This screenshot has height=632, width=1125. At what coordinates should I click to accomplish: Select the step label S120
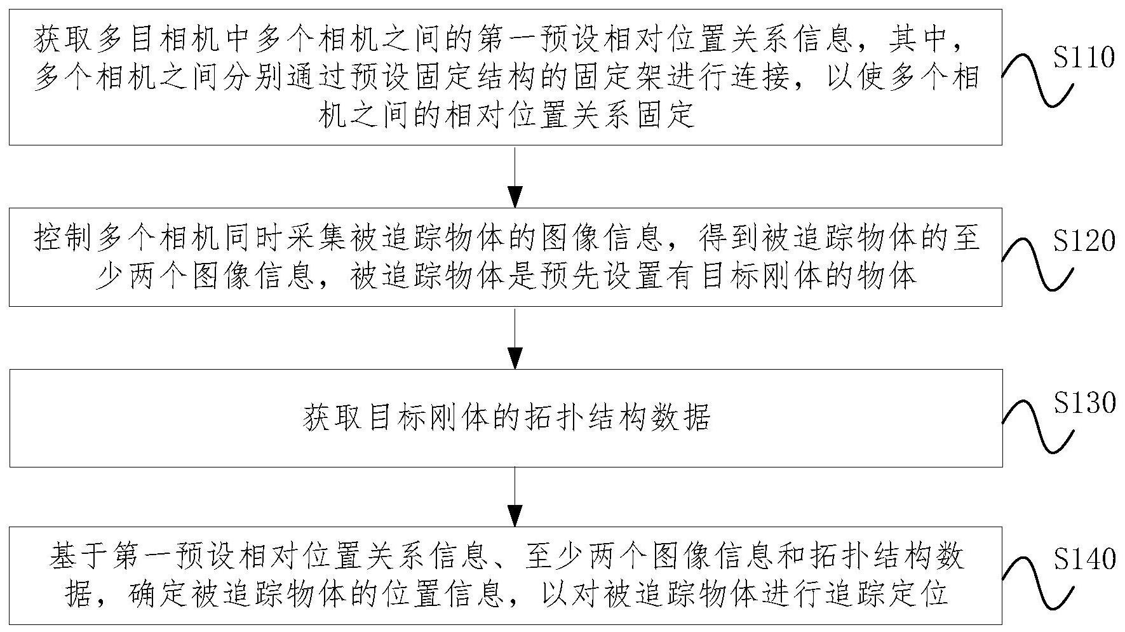[x=1084, y=241]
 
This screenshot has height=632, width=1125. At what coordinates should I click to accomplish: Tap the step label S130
[x=1084, y=403]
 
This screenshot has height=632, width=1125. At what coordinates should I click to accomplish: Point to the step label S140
[x=1084, y=559]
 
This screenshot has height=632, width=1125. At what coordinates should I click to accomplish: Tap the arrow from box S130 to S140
[x=514, y=496]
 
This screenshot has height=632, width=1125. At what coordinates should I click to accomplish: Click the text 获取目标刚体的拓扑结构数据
[x=506, y=419]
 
